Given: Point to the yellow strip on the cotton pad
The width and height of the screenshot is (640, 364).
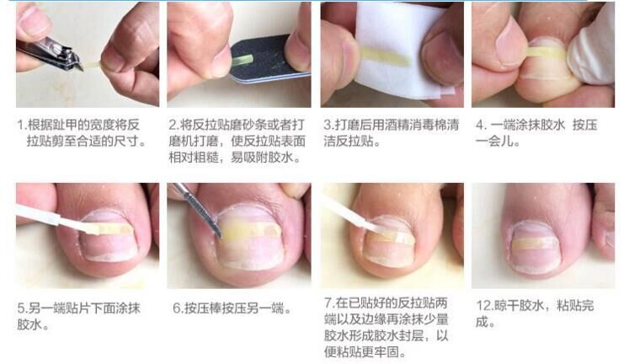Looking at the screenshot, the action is pyautogui.click(x=386, y=56).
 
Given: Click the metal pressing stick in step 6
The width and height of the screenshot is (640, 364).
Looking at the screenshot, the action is pyautogui.click(x=198, y=209).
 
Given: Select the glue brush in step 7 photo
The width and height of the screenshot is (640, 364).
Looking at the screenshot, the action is pyautogui.click(x=352, y=213).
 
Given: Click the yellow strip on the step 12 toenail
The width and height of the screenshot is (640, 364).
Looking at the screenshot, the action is pyautogui.click(x=534, y=244).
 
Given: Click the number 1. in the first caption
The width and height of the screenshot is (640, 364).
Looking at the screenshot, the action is pyautogui.click(x=22, y=125).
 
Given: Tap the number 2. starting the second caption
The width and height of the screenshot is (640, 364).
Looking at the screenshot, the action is pyautogui.click(x=174, y=125).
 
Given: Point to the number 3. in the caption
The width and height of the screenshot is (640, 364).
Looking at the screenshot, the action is pyautogui.click(x=329, y=125).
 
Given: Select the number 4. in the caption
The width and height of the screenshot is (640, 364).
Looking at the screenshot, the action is pyautogui.click(x=482, y=125).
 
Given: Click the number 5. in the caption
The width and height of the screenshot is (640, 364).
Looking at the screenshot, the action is pyautogui.click(x=23, y=308).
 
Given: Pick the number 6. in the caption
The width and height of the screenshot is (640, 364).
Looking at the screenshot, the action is pyautogui.click(x=179, y=308).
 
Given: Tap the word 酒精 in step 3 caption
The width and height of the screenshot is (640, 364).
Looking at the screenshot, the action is pyautogui.click(x=391, y=125).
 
